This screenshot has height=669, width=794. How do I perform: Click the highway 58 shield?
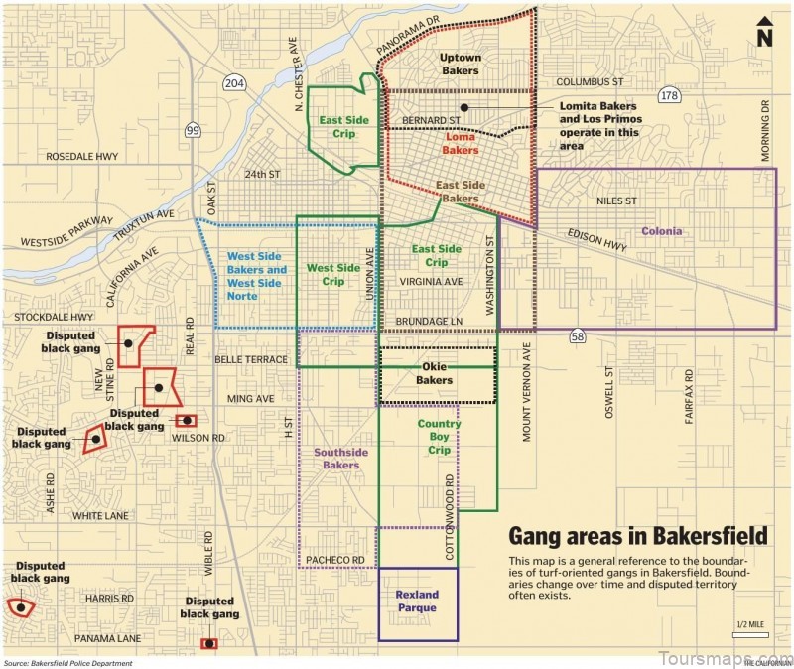(578, 337)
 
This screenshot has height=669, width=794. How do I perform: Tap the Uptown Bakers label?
(460, 65)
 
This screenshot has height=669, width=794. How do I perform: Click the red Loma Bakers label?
(460, 144)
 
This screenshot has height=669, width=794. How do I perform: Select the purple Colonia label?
(661, 231)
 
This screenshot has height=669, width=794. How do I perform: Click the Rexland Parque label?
(417, 602)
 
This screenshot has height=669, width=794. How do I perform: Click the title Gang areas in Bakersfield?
(637, 537)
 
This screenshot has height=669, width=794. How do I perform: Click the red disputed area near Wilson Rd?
(186, 421)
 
